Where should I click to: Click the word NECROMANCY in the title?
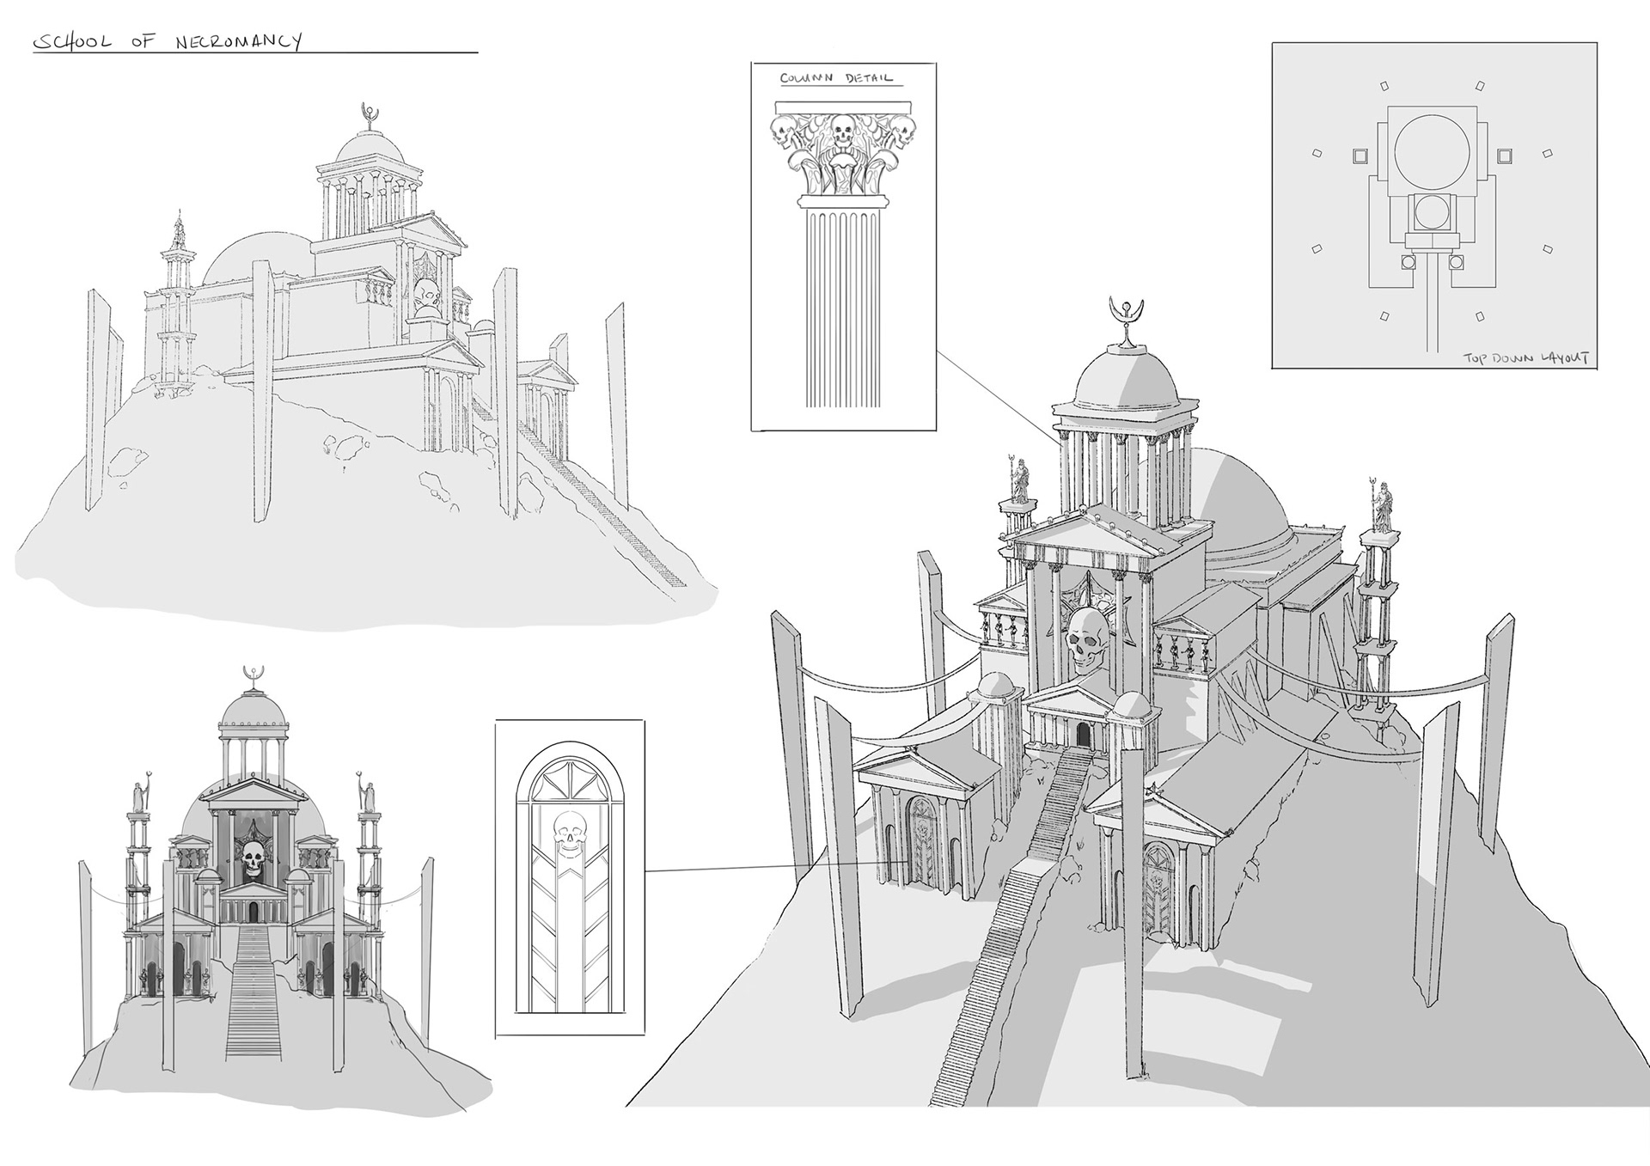click(238, 41)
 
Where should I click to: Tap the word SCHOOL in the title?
click(71, 41)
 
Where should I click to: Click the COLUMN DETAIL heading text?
click(836, 78)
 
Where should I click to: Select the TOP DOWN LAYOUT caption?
click(1526, 357)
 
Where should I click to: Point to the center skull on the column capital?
click(842, 134)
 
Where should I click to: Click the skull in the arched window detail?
click(568, 828)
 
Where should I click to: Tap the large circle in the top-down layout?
click(1429, 148)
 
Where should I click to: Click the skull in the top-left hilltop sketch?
click(427, 296)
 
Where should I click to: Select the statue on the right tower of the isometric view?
click(1382, 508)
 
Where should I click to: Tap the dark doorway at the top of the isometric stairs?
click(1082, 736)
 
